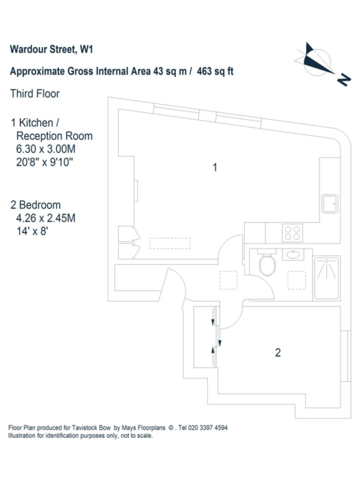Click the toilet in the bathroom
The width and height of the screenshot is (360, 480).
tap(267, 265)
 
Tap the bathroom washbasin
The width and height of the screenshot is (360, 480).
tap(293, 254)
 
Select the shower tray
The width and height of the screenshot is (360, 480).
tap(327, 278)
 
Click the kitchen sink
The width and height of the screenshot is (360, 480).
tap(330, 204)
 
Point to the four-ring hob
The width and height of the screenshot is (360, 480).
tap(292, 232)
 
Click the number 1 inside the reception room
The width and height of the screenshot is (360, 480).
tap(214, 168)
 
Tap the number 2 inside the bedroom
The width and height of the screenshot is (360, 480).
tap(278, 353)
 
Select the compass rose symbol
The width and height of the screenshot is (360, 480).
tap(316, 61)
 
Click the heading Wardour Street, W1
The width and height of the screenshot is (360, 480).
tap(51, 49)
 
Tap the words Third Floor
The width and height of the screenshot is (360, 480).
tap(35, 94)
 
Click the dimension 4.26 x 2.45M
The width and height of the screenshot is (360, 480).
tap(45, 218)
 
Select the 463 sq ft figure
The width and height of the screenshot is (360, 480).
tap(215, 72)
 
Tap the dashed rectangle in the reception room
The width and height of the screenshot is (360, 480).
tap(170, 243)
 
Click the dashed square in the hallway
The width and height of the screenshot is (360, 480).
tap(228, 280)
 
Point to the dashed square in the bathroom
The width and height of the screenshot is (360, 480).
tap(296, 279)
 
